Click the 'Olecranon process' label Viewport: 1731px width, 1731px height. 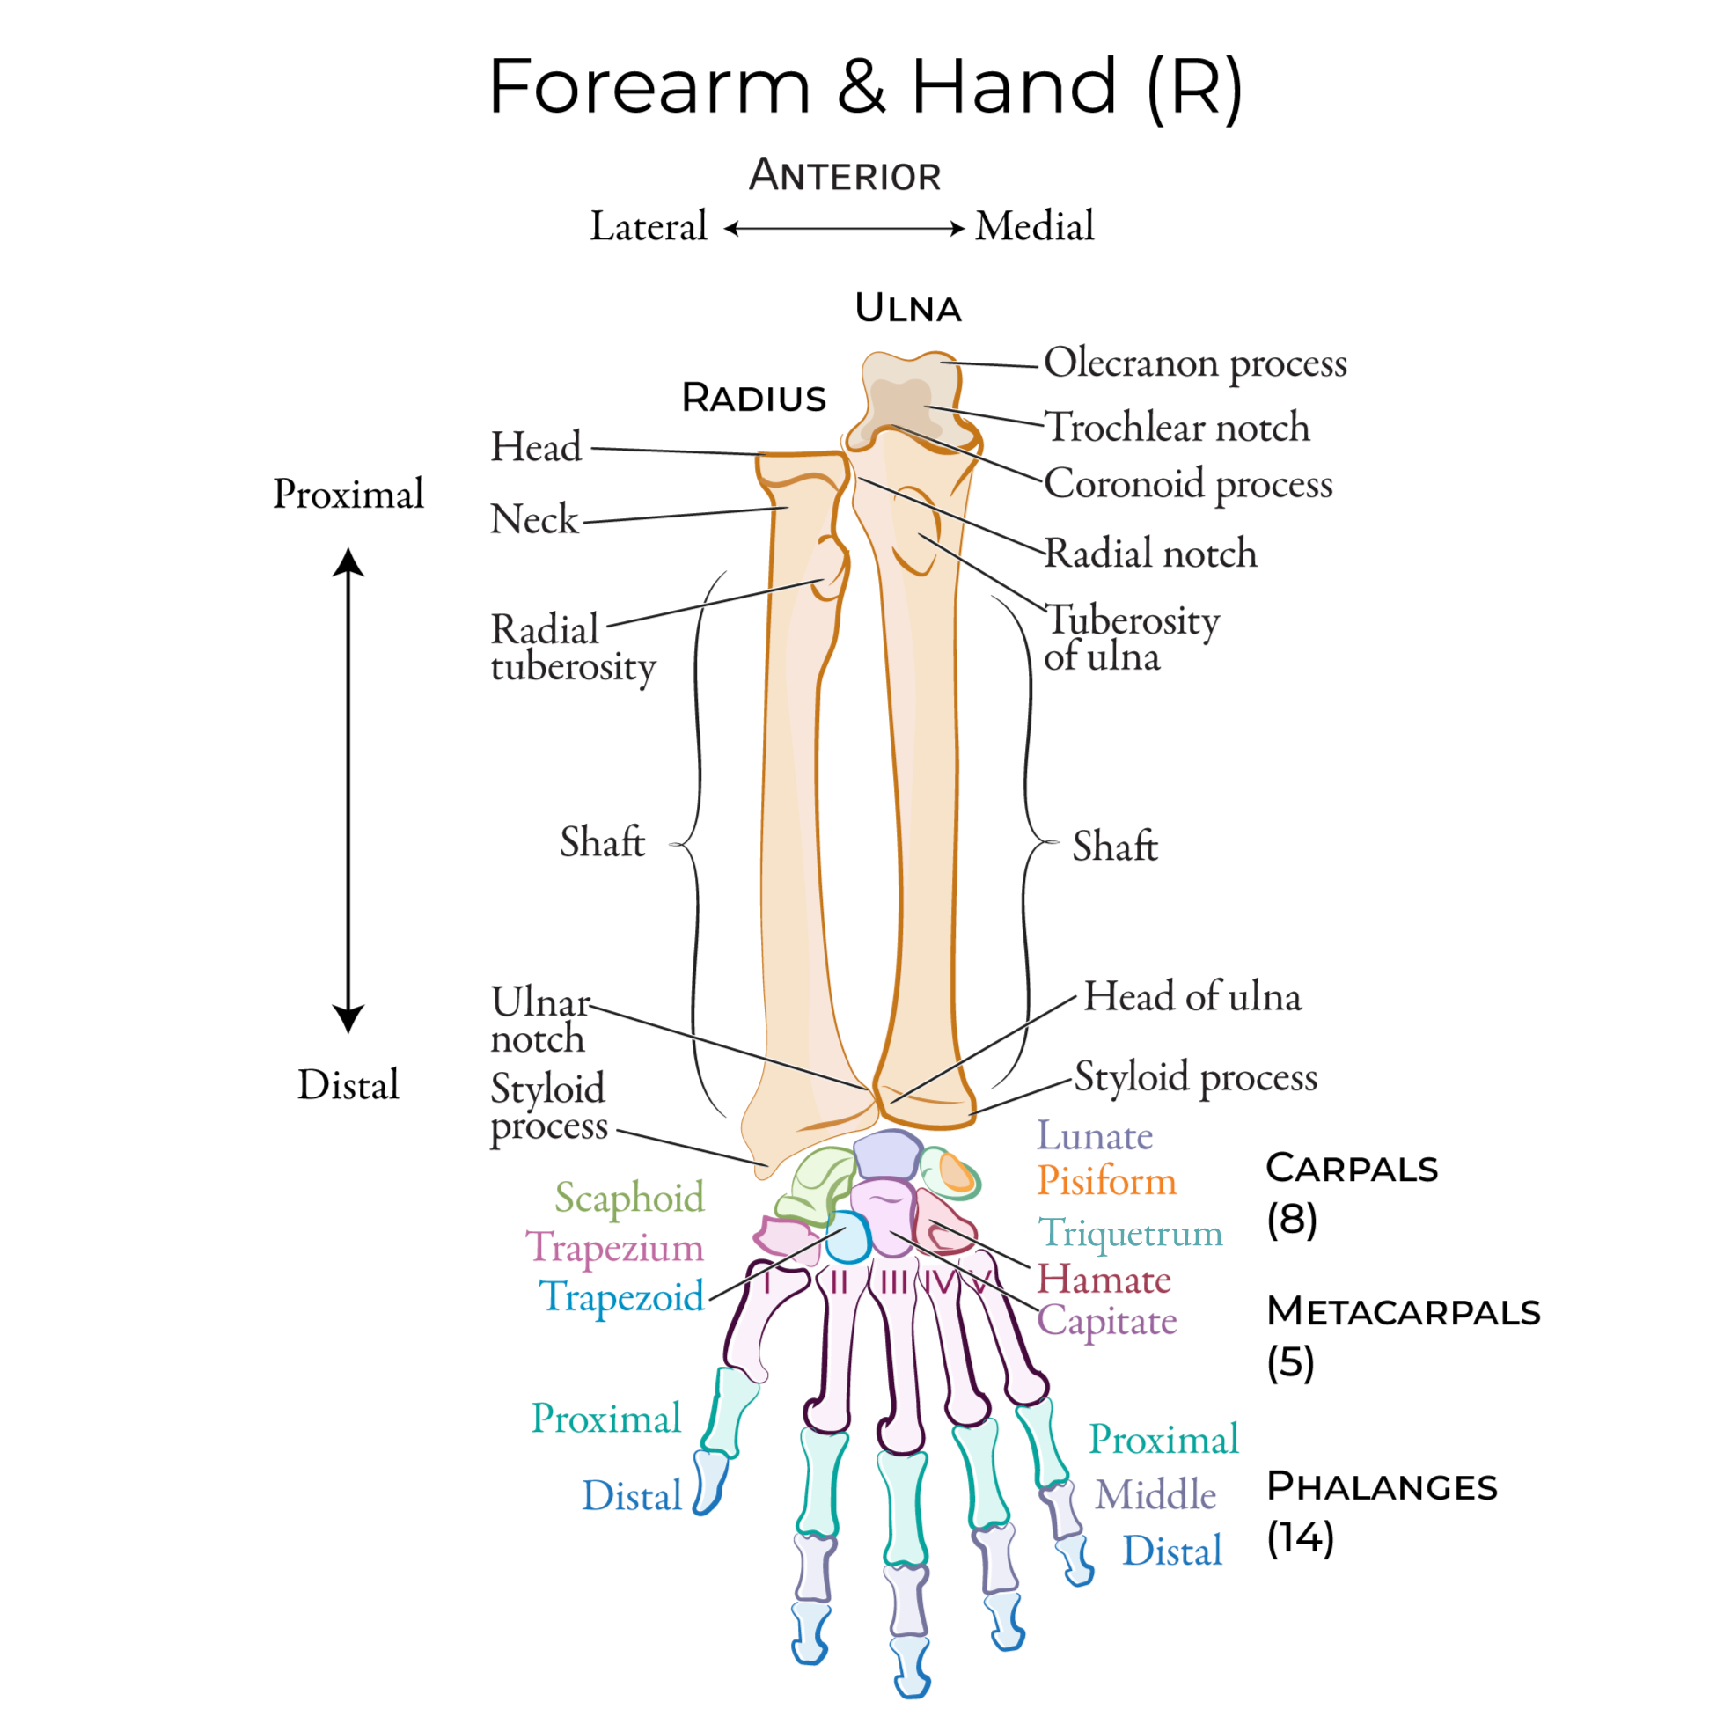[x=1194, y=363]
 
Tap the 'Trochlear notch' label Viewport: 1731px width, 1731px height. [x=1177, y=428]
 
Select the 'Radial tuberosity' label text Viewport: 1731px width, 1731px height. [x=573, y=648]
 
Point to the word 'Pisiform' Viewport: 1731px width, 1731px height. [x=1106, y=1181]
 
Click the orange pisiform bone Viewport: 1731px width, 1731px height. [x=956, y=1173]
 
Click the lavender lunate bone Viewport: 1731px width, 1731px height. [x=887, y=1155]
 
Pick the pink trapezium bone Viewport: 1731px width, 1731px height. [x=783, y=1238]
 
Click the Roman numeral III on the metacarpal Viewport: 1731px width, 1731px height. [x=894, y=1283]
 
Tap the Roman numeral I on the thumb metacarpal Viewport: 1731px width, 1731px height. [x=767, y=1284]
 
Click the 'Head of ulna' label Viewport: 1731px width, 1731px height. [x=1192, y=996]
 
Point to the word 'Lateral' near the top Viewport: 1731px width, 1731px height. [x=648, y=227]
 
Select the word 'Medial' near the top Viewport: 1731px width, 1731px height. [x=1035, y=227]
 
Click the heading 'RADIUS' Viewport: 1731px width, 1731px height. [x=753, y=398]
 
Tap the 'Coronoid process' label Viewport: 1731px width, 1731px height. [x=1188, y=484]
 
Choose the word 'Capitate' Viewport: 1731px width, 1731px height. [x=1106, y=1321]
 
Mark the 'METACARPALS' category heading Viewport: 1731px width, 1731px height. [x=1403, y=1312]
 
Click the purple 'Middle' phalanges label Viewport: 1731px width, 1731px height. [x=1155, y=1494]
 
